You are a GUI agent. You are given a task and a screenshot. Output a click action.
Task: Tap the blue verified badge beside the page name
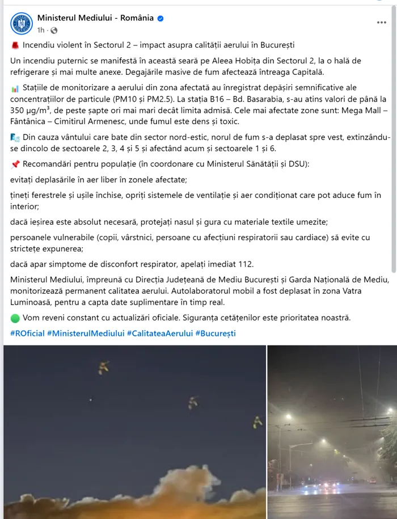161,18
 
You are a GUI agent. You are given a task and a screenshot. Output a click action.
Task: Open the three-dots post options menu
381,23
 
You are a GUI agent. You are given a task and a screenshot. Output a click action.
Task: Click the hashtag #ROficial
27,333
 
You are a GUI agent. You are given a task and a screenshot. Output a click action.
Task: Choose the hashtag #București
216,333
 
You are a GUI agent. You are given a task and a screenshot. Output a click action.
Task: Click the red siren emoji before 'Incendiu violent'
14,45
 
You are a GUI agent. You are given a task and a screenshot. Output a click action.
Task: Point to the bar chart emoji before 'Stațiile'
15,88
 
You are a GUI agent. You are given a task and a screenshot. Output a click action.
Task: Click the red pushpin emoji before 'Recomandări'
15,165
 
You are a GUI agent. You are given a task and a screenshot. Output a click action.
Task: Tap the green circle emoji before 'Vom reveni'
15,318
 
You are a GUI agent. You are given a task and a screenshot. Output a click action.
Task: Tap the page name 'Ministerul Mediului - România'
95,18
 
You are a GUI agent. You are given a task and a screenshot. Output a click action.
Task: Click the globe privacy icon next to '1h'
54,30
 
